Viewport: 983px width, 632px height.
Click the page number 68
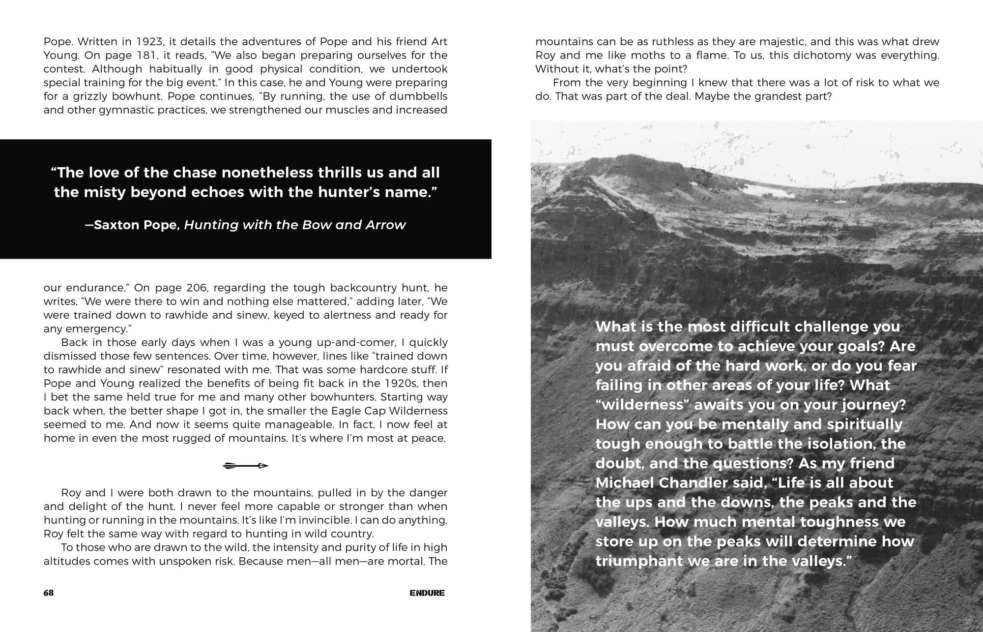click(x=48, y=593)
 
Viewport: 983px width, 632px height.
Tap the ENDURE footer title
click(x=427, y=593)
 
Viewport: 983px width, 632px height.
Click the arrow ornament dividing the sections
click(x=245, y=465)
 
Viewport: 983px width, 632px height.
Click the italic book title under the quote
click(x=295, y=225)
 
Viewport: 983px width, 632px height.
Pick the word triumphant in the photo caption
click(x=639, y=561)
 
